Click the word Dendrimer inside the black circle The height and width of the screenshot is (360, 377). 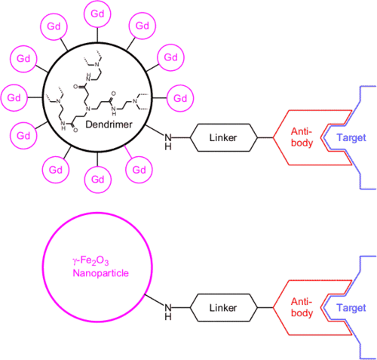[109, 125]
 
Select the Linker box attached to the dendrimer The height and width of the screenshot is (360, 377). [223, 137]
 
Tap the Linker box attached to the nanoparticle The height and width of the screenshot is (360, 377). [223, 308]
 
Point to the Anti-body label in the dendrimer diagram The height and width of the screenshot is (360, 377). [302, 137]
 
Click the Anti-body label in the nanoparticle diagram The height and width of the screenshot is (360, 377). [302, 307]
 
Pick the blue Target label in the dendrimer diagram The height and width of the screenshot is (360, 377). [351, 137]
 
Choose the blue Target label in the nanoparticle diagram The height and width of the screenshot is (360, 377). [351, 308]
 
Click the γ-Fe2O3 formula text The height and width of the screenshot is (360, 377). [90, 261]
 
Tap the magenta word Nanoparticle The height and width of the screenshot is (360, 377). [100, 273]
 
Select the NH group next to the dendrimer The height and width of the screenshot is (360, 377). [168, 142]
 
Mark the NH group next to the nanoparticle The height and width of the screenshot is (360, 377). [168, 312]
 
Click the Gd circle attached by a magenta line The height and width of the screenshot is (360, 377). [139, 170]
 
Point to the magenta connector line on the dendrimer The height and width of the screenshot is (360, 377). [128, 152]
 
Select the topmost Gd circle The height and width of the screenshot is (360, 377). [97, 14]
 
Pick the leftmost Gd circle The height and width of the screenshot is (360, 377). [14, 97]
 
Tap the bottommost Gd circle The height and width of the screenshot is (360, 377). [97, 180]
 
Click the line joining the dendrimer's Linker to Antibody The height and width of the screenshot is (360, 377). [265, 137]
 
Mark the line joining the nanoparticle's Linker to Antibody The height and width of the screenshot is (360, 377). [265, 308]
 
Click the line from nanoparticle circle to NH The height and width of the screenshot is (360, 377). [155, 300]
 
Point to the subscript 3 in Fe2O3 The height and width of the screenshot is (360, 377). [106, 263]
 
